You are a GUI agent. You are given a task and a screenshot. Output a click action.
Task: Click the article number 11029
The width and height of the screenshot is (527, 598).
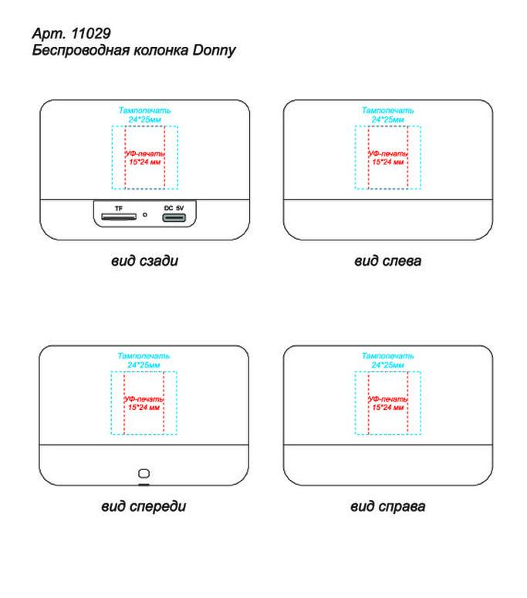pyautogui.click(x=91, y=34)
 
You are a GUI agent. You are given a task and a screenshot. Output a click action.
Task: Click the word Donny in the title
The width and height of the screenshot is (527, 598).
pyautogui.click(x=214, y=51)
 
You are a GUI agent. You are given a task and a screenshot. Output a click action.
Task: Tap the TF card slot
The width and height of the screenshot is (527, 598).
pyautogui.click(x=118, y=217)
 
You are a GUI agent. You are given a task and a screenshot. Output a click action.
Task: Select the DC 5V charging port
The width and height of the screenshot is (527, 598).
pyautogui.click(x=174, y=218)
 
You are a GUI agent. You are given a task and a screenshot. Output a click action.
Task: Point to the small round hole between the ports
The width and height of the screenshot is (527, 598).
pyautogui.click(x=145, y=215)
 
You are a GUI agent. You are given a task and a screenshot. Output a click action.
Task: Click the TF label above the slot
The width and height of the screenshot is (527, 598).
pyautogui.click(x=119, y=209)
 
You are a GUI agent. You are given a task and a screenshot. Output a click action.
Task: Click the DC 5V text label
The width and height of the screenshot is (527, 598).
pyautogui.click(x=174, y=208)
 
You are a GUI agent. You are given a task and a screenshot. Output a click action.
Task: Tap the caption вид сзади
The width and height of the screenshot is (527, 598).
pyautogui.click(x=145, y=261)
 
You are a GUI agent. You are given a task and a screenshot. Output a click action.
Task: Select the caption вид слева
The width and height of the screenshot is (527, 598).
pyautogui.click(x=387, y=261)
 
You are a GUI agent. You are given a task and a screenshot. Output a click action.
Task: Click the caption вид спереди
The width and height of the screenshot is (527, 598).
pyautogui.click(x=144, y=506)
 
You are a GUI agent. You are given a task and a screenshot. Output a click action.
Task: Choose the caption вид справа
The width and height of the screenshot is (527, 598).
pyautogui.click(x=387, y=506)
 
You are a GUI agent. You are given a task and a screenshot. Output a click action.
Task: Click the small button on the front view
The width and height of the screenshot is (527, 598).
pyautogui.click(x=144, y=473)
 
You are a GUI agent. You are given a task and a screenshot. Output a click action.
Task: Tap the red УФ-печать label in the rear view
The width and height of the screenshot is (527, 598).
pyautogui.click(x=145, y=153)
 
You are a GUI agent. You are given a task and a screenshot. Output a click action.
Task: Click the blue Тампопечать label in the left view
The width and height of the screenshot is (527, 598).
pyautogui.click(x=387, y=111)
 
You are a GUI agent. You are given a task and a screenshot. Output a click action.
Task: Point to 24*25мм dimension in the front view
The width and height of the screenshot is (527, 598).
pyautogui.click(x=144, y=365)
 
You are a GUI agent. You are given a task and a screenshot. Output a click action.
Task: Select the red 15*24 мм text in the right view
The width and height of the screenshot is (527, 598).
pyautogui.click(x=387, y=408)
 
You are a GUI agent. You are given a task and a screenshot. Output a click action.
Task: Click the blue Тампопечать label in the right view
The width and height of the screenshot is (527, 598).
pyautogui.click(x=387, y=356)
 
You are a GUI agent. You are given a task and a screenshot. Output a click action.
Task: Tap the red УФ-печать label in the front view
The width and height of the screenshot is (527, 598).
pyautogui.click(x=144, y=399)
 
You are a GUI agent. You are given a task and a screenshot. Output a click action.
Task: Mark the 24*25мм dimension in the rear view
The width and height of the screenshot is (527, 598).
pyautogui.click(x=145, y=119)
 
